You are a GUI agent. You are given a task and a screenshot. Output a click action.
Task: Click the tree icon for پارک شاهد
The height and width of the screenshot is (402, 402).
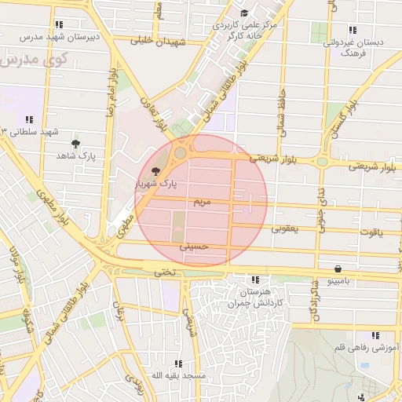(x=75, y=144)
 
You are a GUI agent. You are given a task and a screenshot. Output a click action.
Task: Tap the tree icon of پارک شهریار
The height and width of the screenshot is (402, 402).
(x=155, y=170)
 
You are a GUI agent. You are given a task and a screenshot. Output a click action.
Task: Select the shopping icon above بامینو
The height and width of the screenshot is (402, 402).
(x=338, y=268)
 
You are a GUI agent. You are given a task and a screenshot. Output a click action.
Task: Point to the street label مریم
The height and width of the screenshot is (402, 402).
(x=203, y=202)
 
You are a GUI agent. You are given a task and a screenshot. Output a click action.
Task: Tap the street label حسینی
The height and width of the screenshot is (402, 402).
(x=194, y=246)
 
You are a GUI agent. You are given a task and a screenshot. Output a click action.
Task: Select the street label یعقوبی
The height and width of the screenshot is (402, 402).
(x=286, y=229)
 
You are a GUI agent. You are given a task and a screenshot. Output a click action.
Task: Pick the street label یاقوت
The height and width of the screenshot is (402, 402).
(x=370, y=232)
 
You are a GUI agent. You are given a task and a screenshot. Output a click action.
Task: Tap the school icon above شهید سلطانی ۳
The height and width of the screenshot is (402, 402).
(x=30, y=119)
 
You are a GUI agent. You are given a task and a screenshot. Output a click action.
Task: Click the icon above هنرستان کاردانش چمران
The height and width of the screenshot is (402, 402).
(x=254, y=280)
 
